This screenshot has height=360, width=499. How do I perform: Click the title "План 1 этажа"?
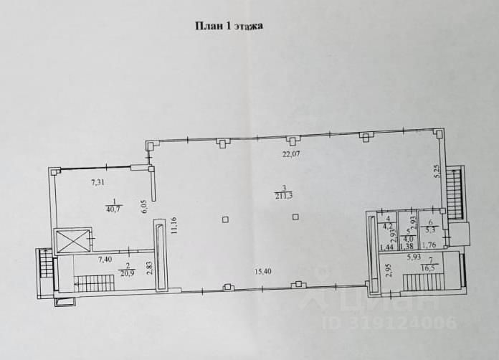coord(229,27)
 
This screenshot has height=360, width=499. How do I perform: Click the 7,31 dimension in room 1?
coord(98,182)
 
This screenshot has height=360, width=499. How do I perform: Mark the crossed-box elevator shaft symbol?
coord(73,241)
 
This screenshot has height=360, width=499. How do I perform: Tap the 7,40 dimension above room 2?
coord(105,258)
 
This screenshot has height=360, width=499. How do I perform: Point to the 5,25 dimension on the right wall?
coord(436,171)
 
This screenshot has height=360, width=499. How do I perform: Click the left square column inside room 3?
coord(226,219)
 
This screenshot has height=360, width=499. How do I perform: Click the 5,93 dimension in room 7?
coord(414,257)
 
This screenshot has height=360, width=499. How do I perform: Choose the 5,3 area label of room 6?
coord(430,230)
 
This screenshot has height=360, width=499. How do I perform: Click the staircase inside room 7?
coord(424,281)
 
